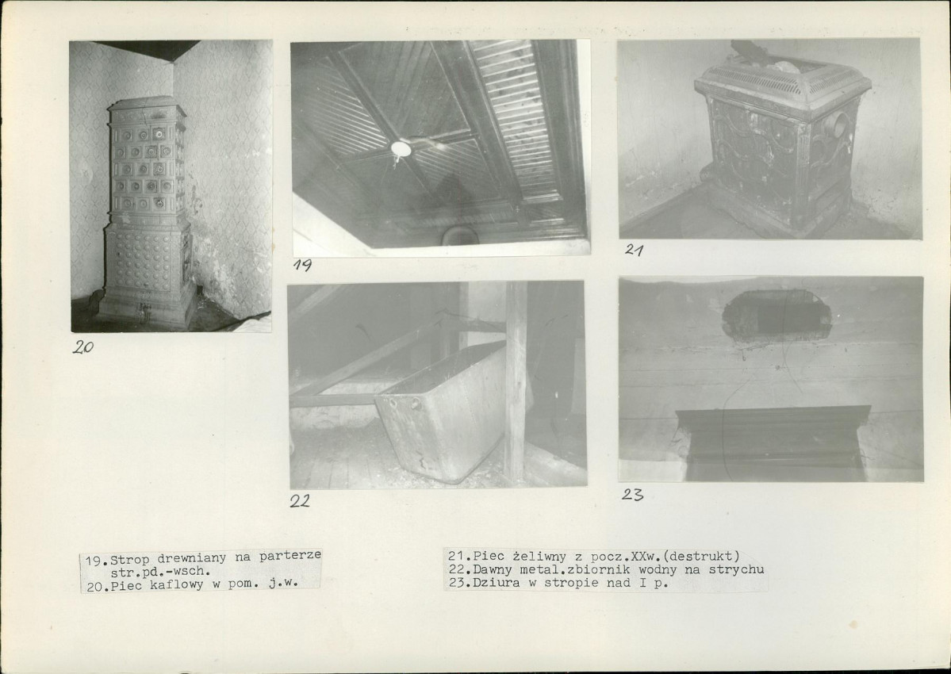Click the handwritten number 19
click(302, 265)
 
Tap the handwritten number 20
click(83, 347)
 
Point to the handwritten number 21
click(634, 249)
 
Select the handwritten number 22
click(300, 500)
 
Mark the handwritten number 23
click(632, 495)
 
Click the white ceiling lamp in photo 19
click(401, 148)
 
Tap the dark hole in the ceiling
click(777, 315)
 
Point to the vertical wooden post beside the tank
click(516, 382)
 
